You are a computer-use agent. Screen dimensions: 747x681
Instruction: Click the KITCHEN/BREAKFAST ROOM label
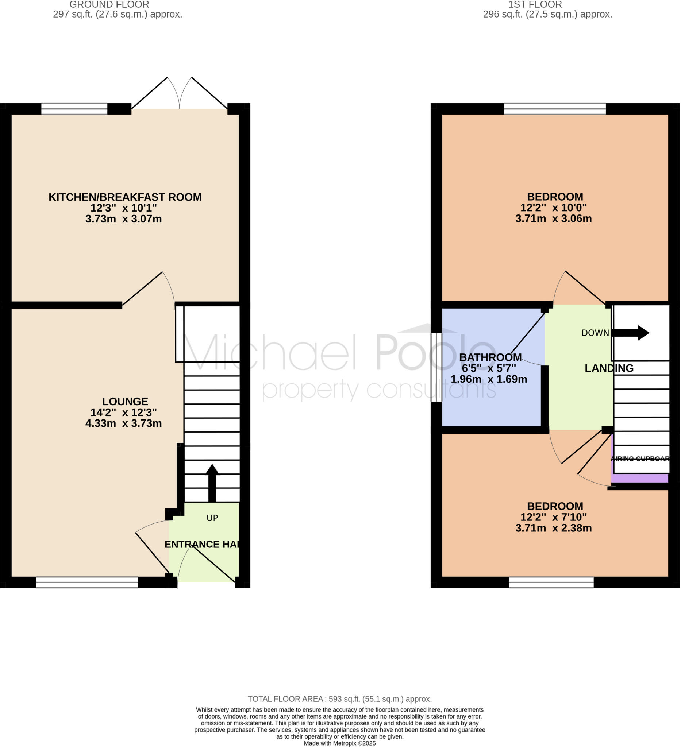click(x=125, y=197)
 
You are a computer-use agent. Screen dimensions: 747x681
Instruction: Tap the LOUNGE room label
click(x=125, y=402)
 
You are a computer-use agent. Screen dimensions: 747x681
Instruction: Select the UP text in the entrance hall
click(x=212, y=518)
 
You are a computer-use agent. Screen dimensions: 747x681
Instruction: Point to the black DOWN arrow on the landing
click(x=630, y=333)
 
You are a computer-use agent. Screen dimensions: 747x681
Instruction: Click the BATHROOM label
click(x=490, y=357)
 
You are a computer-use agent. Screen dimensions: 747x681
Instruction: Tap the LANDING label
click(x=609, y=368)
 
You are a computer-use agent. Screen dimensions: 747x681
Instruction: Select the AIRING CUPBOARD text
click(x=640, y=459)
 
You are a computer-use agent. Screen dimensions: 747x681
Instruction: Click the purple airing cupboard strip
click(x=640, y=478)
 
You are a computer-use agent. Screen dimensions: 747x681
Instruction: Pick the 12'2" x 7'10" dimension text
click(x=554, y=517)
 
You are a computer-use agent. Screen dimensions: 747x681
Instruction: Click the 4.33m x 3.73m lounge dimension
click(x=123, y=423)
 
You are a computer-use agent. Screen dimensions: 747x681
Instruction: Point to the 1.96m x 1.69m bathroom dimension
click(x=489, y=379)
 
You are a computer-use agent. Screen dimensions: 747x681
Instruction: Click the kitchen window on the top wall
click(x=74, y=109)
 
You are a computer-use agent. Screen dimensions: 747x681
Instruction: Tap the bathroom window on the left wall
click(x=436, y=367)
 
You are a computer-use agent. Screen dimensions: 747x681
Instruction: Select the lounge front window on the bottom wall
click(x=87, y=582)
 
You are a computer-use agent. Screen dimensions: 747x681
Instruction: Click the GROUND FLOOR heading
click(x=109, y=4)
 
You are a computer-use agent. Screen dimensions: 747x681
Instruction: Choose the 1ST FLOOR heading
click(x=535, y=4)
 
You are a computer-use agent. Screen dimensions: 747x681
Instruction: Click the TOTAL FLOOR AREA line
click(x=339, y=699)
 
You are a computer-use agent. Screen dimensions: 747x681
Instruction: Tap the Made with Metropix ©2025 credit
click(x=339, y=743)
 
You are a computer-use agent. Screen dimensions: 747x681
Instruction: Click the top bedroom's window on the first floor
click(x=555, y=109)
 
